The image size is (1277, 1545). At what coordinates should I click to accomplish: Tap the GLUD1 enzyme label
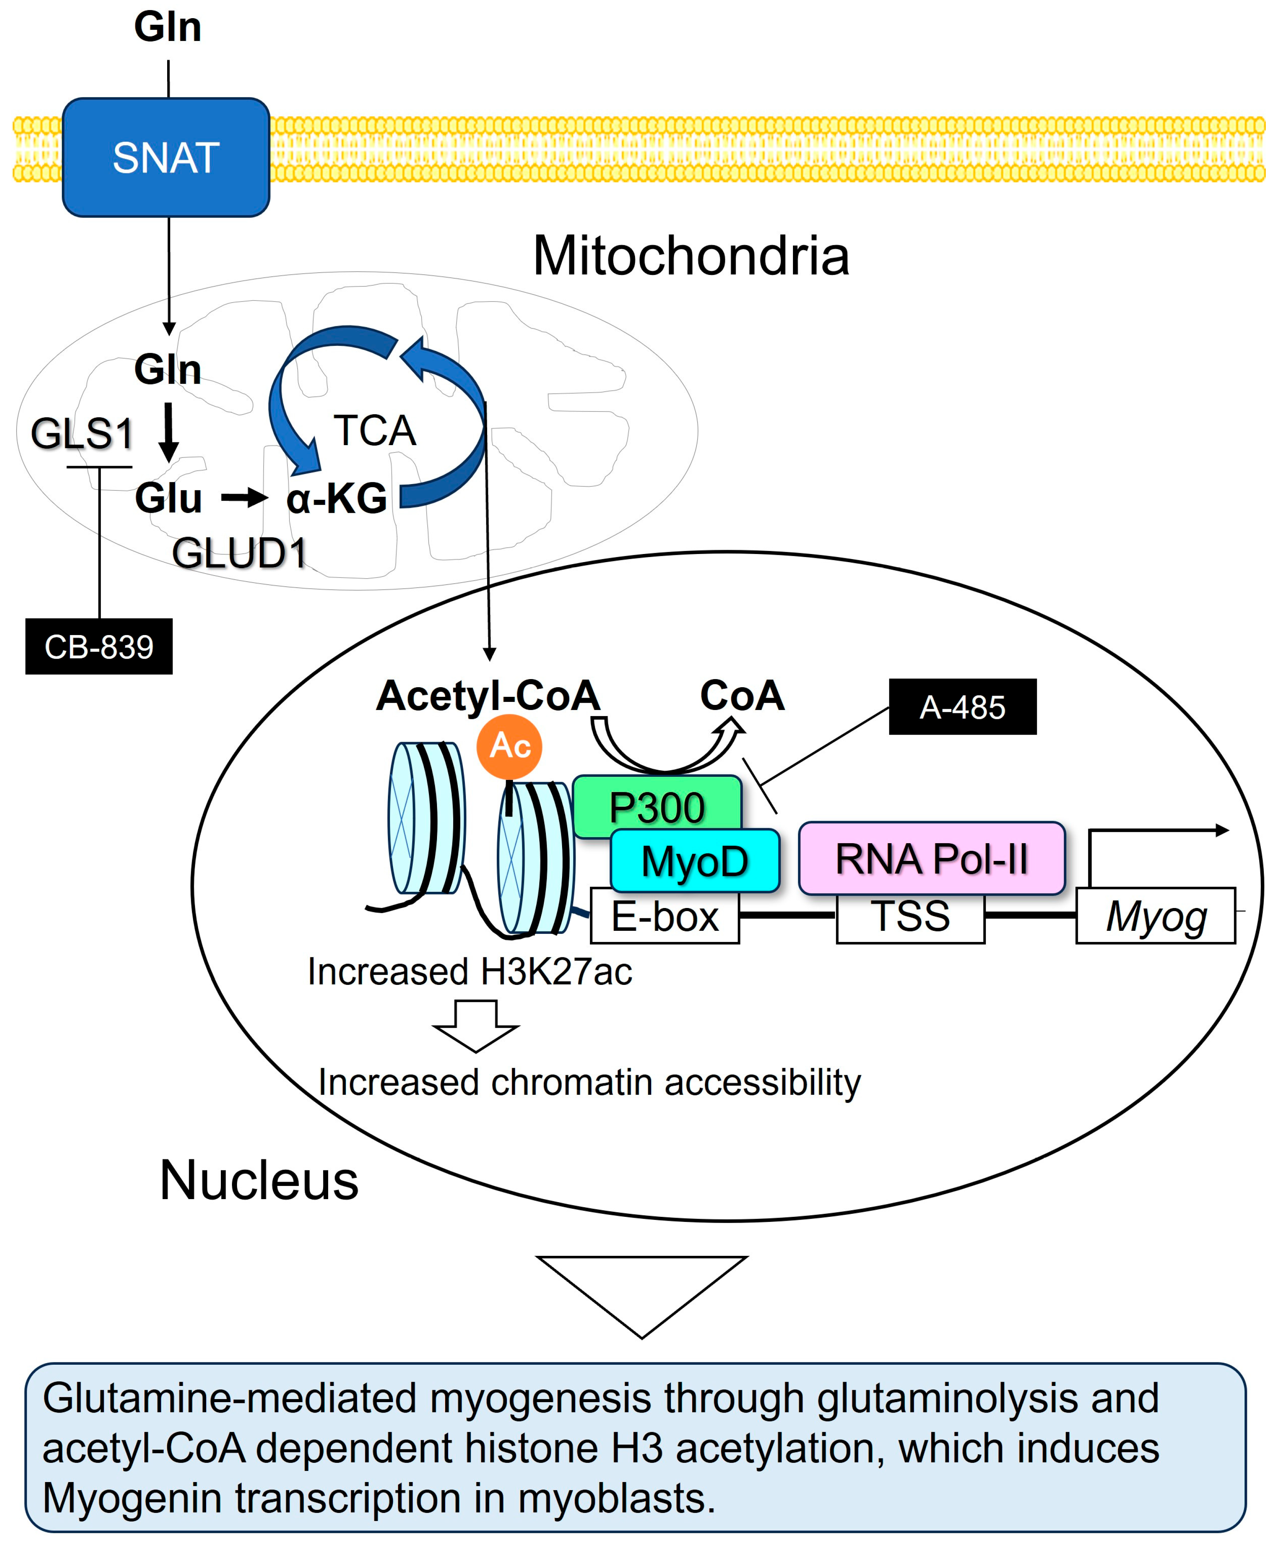click(x=240, y=553)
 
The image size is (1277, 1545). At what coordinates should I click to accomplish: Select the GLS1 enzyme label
click(x=82, y=433)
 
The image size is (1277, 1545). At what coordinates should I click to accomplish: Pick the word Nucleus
click(x=259, y=1180)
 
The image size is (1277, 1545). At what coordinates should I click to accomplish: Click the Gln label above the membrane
click(x=168, y=28)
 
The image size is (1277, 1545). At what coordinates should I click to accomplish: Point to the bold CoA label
click(x=742, y=695)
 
